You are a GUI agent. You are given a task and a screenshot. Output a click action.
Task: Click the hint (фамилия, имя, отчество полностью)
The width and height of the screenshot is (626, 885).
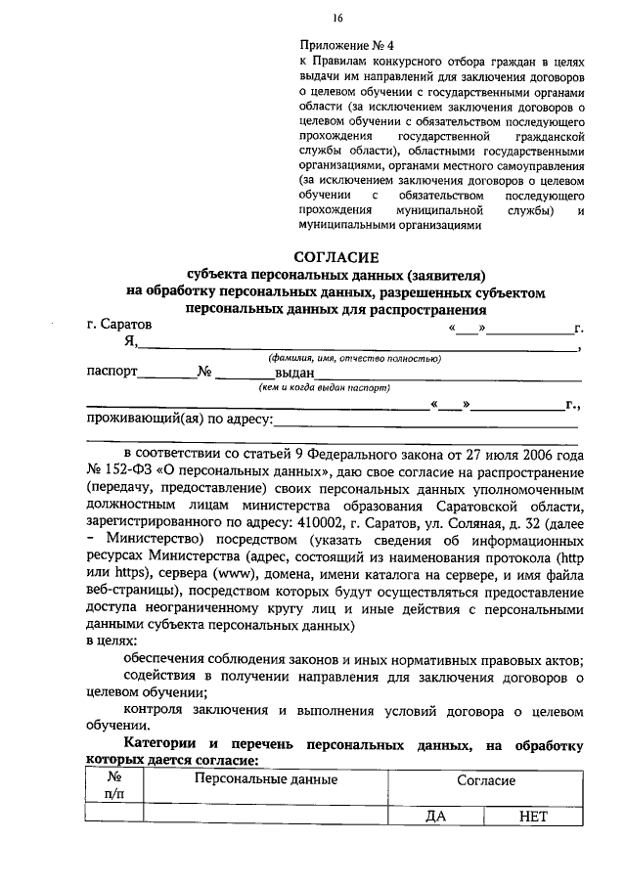coord(356,359)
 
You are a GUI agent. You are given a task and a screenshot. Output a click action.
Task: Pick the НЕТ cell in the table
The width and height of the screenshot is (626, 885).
coord(534,818)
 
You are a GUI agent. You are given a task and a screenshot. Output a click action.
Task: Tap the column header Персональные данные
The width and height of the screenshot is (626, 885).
coord(266,779)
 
